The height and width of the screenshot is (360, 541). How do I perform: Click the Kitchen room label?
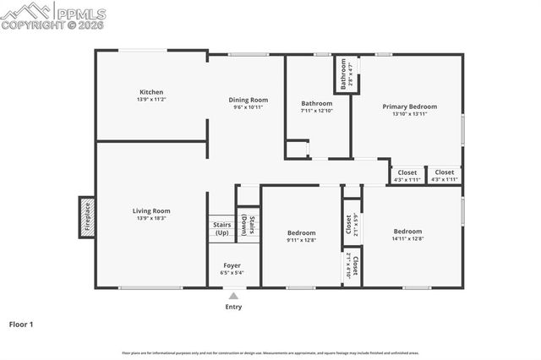coord(151,92)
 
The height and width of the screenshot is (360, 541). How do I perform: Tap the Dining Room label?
coord(249,100)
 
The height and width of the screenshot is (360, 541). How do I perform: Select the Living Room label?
coord(151,210)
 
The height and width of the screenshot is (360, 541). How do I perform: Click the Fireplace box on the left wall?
coord(86,217)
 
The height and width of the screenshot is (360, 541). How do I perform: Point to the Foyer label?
coord(232,265)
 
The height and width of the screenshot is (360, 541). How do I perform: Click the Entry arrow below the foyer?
coord(233,295)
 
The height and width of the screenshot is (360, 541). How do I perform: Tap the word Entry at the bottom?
coord(233,307)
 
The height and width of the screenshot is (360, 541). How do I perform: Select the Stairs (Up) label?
coord(222,228)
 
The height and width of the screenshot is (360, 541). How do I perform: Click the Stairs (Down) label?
coord(249,224)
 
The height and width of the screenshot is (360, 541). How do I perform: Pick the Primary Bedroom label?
coord(409,106)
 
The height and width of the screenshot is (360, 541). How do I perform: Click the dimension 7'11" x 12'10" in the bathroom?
coord(317,111)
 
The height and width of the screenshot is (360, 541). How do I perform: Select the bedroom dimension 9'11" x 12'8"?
coord(301,240)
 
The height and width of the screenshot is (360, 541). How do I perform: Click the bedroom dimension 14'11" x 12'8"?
coord(407,238)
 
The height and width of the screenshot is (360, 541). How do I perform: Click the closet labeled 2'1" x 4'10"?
coord(352,267)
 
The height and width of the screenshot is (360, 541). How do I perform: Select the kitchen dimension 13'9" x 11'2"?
coord(151,100)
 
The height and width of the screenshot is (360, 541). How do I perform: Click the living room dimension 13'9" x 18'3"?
coord(151,218)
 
